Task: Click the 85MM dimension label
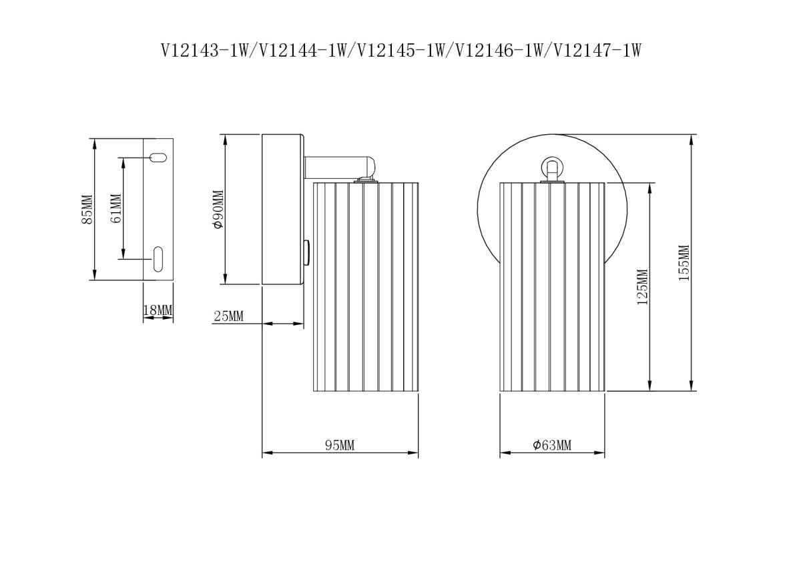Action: (87, 209)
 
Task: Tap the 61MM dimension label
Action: (116, 208)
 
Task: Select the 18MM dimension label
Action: (158, 310)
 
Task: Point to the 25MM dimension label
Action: (228, 316)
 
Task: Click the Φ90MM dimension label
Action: (218, 209)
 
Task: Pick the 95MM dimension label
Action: (340, 445)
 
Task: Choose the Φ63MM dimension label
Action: (552, 445)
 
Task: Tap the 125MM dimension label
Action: (643, 287)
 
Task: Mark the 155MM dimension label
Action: (684, 263)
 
